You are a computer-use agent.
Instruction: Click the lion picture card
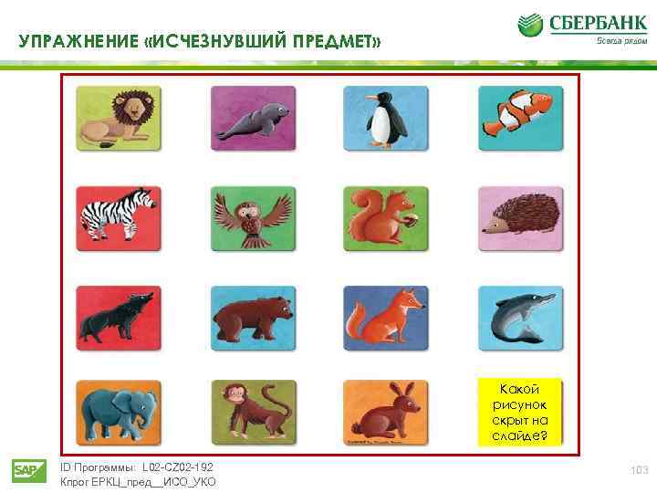click(x=118, y=118)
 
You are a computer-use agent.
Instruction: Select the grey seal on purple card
click(x=253, y=118)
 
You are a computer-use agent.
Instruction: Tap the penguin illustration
click(x=383, y=118)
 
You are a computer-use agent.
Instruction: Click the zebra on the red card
click(x=119, y=217)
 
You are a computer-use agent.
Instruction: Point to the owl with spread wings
click(x=253, y=217)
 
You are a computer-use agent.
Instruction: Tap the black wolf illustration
click(x=119, y=317)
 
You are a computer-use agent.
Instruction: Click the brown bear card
click(x=253, y=317)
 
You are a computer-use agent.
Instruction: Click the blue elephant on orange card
click(x=119, y=413)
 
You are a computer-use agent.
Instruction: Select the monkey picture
click(x=253, y=413)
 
